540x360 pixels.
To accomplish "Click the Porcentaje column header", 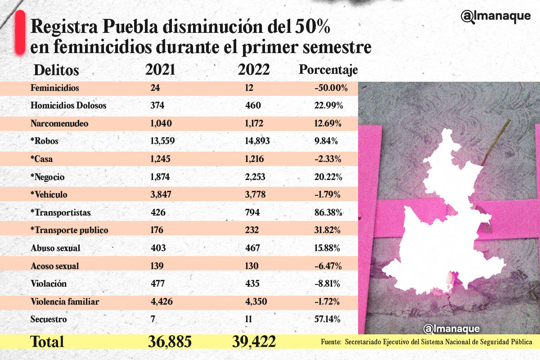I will (x=328, y=70).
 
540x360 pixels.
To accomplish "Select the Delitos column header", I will (x=56, y=71).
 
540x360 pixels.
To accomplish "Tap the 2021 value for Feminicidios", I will (x=156, y=88).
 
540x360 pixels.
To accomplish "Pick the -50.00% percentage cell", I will (x=331, y=88).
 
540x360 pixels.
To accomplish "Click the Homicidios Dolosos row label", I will (x=68, y=106).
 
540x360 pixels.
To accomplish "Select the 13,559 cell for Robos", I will (x=163, y=141).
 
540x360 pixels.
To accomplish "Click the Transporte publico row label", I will (x=69, y=230).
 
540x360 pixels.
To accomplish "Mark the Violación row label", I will (x=49, y=283).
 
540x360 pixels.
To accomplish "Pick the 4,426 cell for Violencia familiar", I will (x=162, y=301).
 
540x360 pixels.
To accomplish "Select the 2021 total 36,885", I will (x=169, y=342).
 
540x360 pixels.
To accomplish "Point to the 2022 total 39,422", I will (x=254, y=342).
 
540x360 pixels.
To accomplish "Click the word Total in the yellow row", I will (x=47, y=342).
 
